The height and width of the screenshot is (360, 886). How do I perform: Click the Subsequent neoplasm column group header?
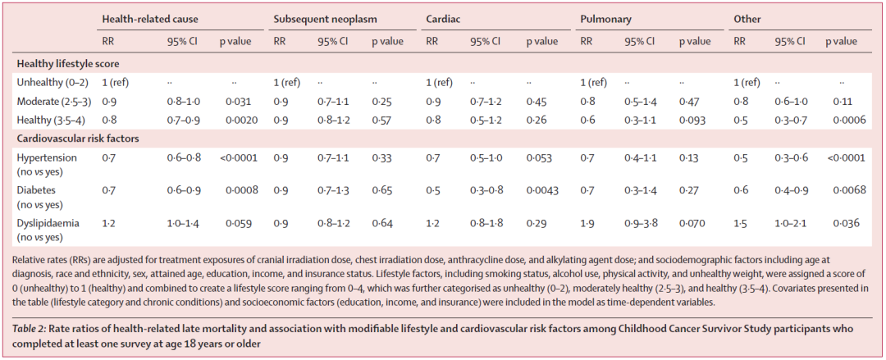coord(325,19)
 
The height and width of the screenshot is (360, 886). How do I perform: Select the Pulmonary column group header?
coord(605,19)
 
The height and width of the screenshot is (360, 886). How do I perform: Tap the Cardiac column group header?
coord(442,19)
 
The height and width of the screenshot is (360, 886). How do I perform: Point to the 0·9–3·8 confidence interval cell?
coord(641,223)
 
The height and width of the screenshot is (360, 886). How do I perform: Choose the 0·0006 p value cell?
coord(849,120)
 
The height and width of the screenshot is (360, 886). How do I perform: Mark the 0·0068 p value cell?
coord(849,191)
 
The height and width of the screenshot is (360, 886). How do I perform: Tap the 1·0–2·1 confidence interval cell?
coord(792,223)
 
